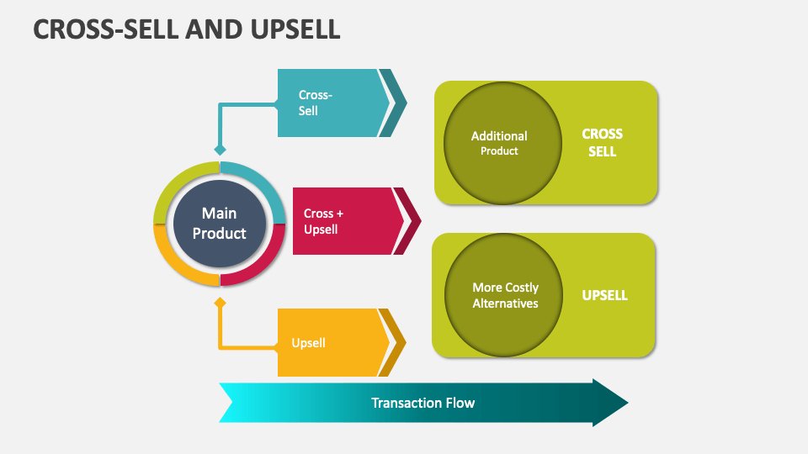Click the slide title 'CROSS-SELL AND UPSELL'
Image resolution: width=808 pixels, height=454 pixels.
[187, 29]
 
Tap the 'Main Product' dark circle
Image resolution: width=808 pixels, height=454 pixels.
[219, 224]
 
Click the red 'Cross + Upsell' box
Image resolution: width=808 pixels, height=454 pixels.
[341, 221]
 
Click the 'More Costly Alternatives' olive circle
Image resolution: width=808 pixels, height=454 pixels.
[504, 295]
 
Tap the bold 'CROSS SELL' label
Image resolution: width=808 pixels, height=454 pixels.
[602, 143]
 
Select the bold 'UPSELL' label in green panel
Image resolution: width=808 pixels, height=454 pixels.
[604, 295]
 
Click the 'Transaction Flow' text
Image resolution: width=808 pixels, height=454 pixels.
[423, 403]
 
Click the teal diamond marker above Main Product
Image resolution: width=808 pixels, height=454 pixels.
[220, 150]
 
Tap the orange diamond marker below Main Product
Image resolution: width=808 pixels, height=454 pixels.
[220, 302]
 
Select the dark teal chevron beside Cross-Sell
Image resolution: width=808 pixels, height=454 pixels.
[394, 103]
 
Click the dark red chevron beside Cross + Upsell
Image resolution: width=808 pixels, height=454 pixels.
[409, 221]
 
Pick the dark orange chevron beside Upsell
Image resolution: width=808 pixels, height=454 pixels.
[394, 342]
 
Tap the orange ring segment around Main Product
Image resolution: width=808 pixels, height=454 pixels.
[172, 261]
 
